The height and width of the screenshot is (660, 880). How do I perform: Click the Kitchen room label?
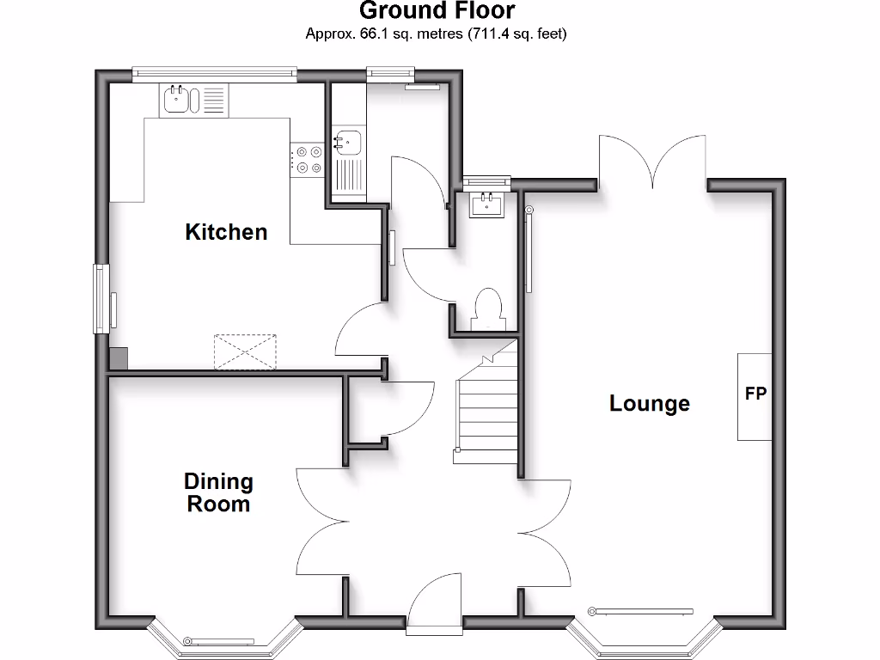click(x=226, y=232)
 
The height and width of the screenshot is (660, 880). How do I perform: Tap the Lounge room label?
click(x=649, y=403)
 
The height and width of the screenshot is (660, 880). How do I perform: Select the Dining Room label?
click(x=219, y=492)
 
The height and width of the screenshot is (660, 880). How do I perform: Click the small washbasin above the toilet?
click(x=487, y=204)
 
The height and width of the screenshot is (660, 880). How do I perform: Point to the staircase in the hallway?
click(x=487, y=404)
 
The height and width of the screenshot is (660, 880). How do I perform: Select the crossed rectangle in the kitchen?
click(x=246, y=351)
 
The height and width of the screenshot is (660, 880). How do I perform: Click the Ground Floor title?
click(x=437, y=11)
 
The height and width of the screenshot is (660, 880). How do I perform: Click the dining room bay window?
click(x=226, y=639)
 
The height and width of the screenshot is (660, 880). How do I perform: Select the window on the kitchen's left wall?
click(x=102, y=298)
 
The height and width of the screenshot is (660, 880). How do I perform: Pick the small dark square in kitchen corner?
click(x=119, y=358)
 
